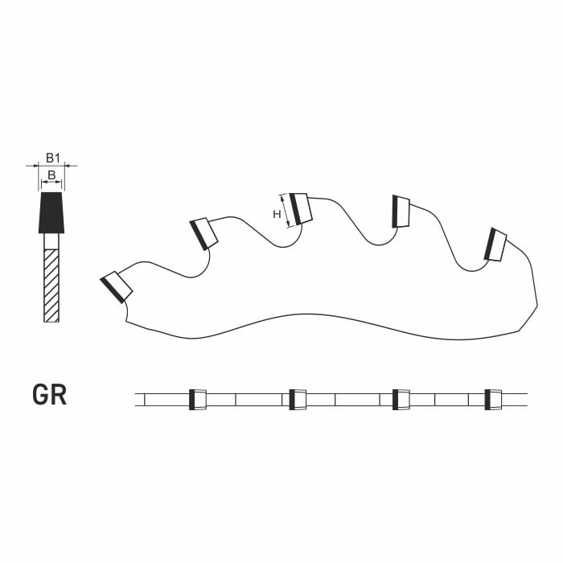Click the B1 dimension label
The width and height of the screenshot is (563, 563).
(x=52, y=158)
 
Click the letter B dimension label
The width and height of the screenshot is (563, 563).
(x=51, y=175)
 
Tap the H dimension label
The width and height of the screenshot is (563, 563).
(x=277, y=215)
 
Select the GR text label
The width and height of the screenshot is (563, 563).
(x=50, y=395)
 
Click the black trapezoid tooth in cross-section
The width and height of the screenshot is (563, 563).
(x=51, y=212)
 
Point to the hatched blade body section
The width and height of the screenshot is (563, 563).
(x=51, y=286)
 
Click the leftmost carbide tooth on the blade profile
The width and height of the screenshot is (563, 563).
(x=117, y=287)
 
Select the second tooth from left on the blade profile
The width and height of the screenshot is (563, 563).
(x=203, y=234)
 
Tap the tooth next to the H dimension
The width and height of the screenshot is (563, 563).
(x=301, y=209)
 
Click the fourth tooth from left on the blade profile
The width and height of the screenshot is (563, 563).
(x=401, y=212)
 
